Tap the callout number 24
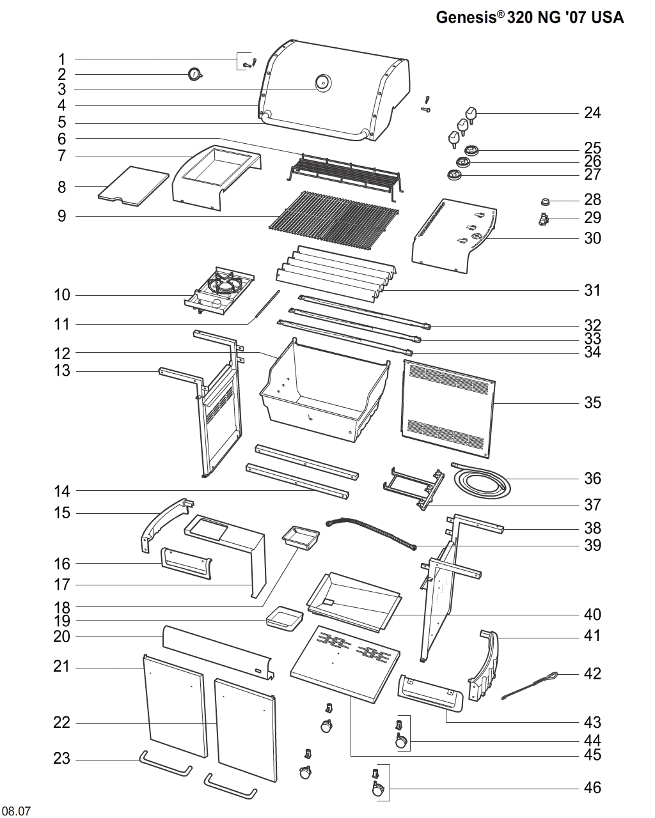click(x=592, y=113)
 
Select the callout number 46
click(x=592, y=787)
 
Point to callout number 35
click(x=592, y=403)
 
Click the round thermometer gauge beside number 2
click(x=194, y=75)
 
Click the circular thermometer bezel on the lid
click(x=323, y=83)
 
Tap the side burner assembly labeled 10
click(x=219, y=291)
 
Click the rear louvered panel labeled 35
click(x=448, y=409)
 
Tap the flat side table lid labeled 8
click(x=132, y=187)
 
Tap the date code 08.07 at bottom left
click(x=18, y=812)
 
